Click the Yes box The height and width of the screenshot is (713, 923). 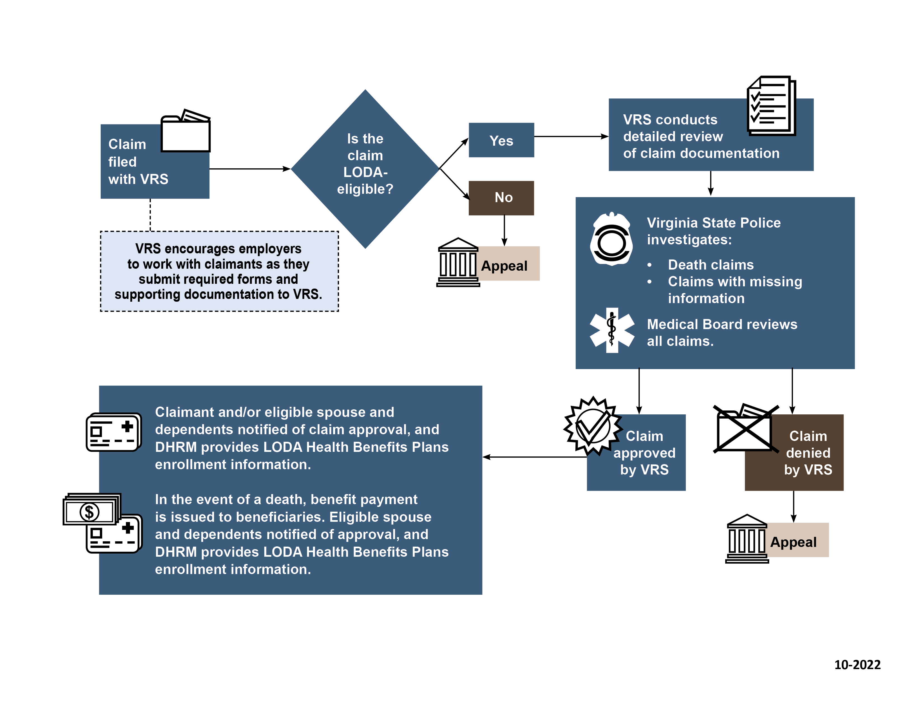(x=501, y=140)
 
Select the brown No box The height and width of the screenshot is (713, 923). (x=501, y=198)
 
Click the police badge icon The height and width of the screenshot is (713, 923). (x=611, y=240)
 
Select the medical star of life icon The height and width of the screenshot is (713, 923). (x=611, y=330)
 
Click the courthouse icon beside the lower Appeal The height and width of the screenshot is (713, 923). (x=746, y=539)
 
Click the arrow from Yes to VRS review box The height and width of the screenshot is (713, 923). (x=571, y=136)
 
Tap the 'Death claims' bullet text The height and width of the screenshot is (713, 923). (x=710, y=265)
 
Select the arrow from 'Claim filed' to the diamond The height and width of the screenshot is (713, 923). (x=249, y=169)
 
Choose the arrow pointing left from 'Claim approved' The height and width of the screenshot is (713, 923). (x=534, y=457)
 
